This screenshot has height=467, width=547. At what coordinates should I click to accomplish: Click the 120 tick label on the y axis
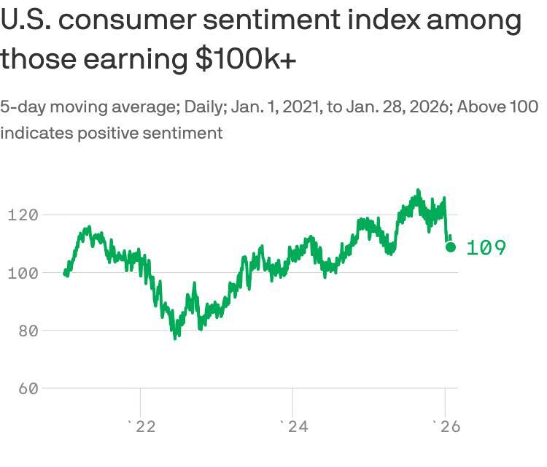pyautogui.click(x=23, y=215)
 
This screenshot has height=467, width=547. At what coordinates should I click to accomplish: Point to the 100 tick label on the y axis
pyautogui.click(x=23, y=272)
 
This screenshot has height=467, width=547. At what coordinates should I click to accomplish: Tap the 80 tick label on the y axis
pyautogui.click(x=28, y=330)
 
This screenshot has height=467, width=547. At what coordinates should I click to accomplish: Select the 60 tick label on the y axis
pyautogui.click(x=28, y=388)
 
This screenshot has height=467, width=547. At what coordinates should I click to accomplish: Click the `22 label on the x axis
pyautogui.click(x=141, y=427)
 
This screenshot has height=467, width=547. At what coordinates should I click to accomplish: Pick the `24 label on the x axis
pyautogui.click(x=294, y=427)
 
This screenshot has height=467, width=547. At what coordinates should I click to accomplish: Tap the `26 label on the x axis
pyautogui.click(x=446, y=427)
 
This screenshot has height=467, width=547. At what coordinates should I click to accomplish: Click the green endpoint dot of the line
pyautogui.click(x=451, y=247)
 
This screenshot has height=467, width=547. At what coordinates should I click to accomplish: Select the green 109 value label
pyautogui.click(x=486, y=248)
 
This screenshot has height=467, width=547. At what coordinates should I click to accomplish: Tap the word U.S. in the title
pyautogui.click(x=25, y=20)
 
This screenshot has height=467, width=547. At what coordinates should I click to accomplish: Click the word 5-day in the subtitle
pyautogui.click(x=21, y=107)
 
